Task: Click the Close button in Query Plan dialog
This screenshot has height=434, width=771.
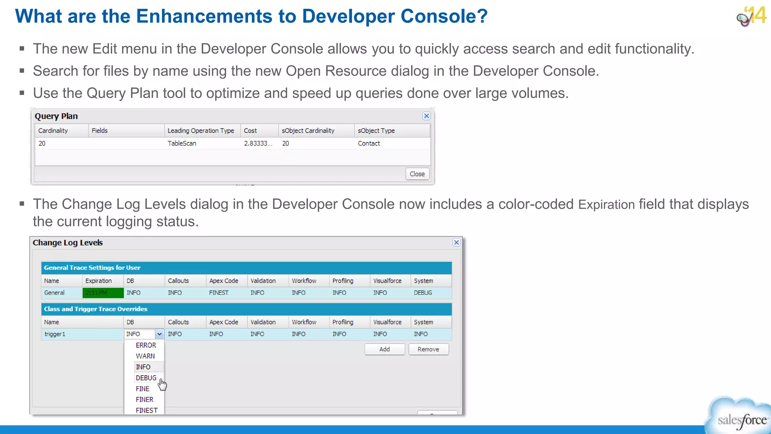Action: point(417,174)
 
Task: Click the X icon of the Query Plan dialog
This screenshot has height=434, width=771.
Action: point(426,116)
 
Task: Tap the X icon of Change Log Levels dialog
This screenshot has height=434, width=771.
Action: point(456,243)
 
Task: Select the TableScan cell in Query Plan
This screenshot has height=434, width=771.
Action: point(182,143)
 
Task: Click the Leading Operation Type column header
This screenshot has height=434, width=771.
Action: point(201,130)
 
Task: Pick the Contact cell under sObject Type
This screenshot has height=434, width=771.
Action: point(369,143)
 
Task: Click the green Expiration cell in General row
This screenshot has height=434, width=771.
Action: point(103,293)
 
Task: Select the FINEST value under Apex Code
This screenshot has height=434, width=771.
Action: point(219,293)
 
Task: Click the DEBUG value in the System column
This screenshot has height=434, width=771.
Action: point(423,293)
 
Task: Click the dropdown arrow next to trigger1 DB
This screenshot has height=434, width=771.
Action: point(159,334)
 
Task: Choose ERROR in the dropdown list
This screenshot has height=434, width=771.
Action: point(146,345)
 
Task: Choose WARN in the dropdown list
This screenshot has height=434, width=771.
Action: point(145,356)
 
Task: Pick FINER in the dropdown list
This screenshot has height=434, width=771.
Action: point(144,399)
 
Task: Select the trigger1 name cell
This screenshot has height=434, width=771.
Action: point(55,334)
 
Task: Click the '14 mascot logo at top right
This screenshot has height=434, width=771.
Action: point(751,16)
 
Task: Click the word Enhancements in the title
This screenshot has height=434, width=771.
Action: point(204,16)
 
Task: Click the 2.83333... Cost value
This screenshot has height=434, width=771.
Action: point(258,143)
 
